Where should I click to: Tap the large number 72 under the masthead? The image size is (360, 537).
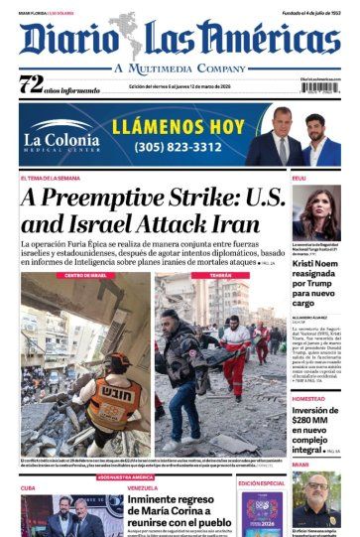(x=31, y=84)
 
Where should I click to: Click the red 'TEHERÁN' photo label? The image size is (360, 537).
(x=220, y=274)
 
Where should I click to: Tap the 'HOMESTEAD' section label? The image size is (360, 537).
(x=308, y=398)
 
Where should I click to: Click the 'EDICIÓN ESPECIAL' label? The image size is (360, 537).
(x=263, y=482)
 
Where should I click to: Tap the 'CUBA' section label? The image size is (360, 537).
(x=28, y=487)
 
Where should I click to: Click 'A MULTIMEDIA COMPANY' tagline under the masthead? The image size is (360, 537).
(x=180, y=67)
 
